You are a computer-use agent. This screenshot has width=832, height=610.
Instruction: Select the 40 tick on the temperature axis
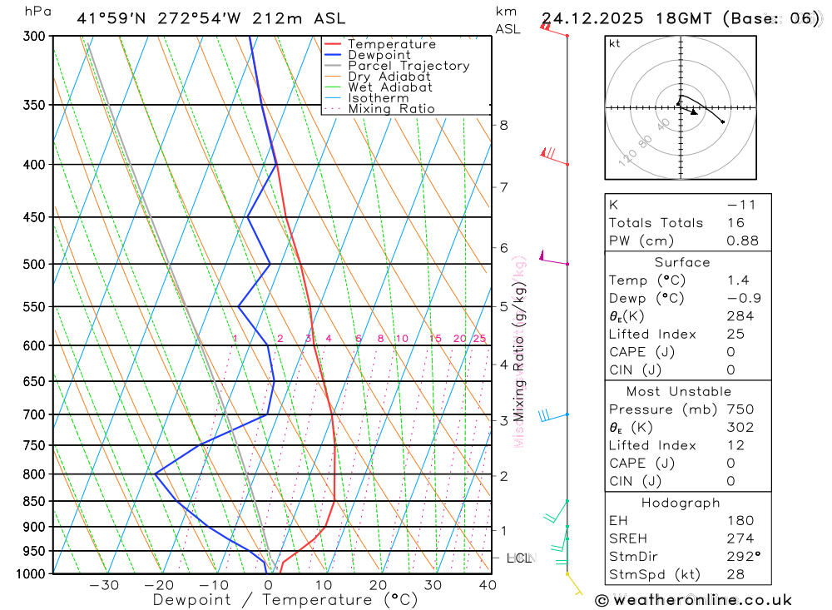point(488,585)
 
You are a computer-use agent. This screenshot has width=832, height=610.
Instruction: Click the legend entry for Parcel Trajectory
point(409,66)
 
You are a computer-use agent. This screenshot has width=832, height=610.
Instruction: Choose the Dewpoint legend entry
point(379,55)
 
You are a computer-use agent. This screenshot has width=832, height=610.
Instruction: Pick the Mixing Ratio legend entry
point(391,109)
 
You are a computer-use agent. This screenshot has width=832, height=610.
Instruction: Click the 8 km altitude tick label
point(503,126)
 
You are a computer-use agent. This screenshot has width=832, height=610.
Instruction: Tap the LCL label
point(519,558)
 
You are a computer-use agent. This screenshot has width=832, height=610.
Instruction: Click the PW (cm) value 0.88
point(743,241)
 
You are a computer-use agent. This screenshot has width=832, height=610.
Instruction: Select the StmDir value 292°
point(744,557)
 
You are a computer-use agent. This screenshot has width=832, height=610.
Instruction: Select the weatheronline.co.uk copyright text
point(693,600)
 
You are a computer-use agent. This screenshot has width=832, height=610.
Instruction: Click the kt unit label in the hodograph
point(615,43)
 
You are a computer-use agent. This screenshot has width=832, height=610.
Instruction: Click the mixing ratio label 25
point(479,339)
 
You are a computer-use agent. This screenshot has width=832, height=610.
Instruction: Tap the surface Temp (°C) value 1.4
point(737,280)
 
